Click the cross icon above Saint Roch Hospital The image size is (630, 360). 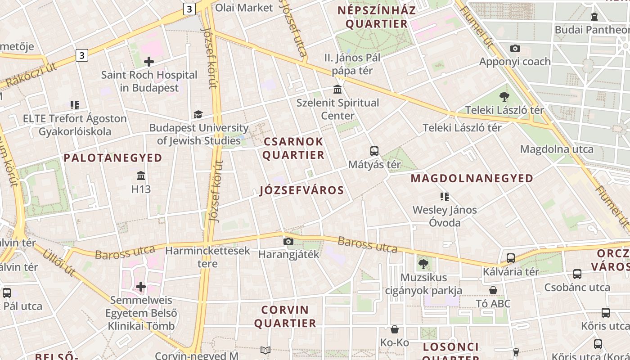[x=149, y=62]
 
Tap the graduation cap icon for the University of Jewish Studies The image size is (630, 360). [x=198, y=115]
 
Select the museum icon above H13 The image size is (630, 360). [x=141, y=175]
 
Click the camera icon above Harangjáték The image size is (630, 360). [x=288, y=242]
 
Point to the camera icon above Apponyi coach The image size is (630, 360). [x=515, y=48]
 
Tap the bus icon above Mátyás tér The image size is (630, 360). [x=374, y=151]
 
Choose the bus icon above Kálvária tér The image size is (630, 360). [x=511, y=258]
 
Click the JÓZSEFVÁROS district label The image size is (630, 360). [x=302, y=190]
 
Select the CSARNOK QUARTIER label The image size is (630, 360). [x=293, y=148]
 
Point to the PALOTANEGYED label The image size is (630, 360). [x=113, y=158]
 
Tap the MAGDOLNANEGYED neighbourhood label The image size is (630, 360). [x=472, y=179]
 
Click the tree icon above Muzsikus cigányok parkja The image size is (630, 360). [x=423, y=264]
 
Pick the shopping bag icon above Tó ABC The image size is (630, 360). [x=493, y=290]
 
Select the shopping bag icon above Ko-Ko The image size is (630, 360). [x=395, y=329]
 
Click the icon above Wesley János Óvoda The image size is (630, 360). [x=445, y=196]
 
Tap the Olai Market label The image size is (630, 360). [x=244, y=8]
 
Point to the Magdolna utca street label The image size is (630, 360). [x=557, y=149]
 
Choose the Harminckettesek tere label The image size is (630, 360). [x=207, y=256]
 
